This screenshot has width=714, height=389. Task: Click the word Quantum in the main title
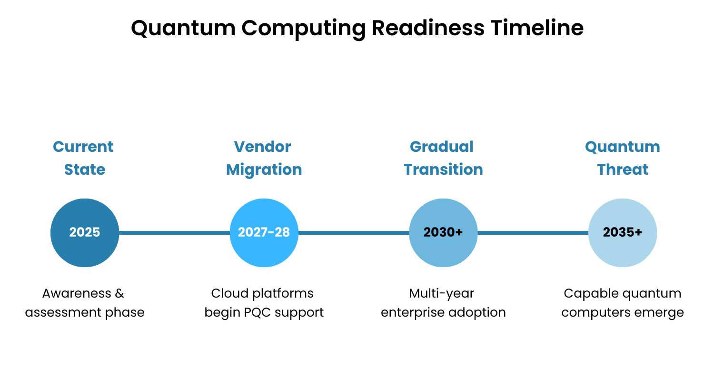pyautogui.click(x=183, y=29)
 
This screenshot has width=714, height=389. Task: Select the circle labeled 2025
pyautogui.click(x=85, y=233)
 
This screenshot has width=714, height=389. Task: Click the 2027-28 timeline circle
pyautogui.click(x=264, y=233)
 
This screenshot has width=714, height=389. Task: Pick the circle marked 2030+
pyautogui.click(x=443, y=233)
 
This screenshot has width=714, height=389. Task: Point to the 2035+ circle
pyautogui.click(x=623, y=233)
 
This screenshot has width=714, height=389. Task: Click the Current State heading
pyautogui.click(x=84, y=158)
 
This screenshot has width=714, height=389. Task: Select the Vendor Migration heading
pyautogui.click(x=264, y=158)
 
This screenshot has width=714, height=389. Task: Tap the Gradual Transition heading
pyautogui.click(x=443, y=158)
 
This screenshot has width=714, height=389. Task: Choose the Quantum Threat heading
pyautogui.click(x=623, y=158)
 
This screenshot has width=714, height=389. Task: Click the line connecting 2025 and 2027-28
pyautogui.click(x=174, y=233)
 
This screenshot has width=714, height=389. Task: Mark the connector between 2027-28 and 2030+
pyautogui.click(x=354, y=233)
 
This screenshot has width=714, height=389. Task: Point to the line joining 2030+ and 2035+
pyautogui.click(x=533, y=233)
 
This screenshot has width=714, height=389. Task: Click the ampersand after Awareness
pyautogui.click(x=119, y=293)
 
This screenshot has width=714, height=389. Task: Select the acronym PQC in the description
pyautogui.click(x=258, y=313)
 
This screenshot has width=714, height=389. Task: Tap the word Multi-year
pyautogui.click(x=442, y=294)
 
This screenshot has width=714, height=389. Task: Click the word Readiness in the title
pyautogui.click(x=427, y=28)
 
